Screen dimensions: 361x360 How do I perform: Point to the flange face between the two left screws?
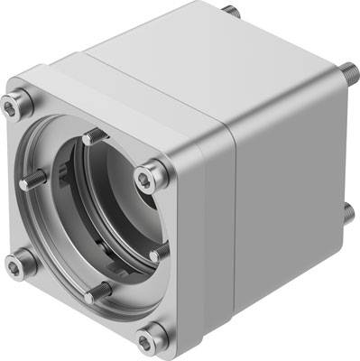[17, 185]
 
